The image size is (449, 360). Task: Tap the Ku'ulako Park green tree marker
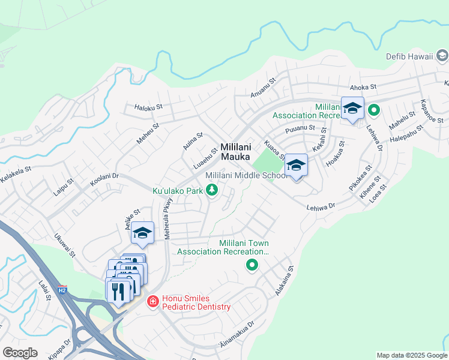coord(211,190)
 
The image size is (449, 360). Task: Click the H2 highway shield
coord(62,290)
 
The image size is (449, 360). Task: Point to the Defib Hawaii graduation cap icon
coord(442,56)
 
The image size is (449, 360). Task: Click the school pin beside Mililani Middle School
coord(296,166)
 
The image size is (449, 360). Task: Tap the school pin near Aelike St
coord(142,233)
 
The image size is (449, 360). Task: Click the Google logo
coord(20,352)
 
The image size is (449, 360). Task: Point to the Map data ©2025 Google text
coord(411,355)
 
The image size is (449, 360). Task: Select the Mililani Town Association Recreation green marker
coord(252,265)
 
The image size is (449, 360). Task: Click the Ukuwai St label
coord(65,245)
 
